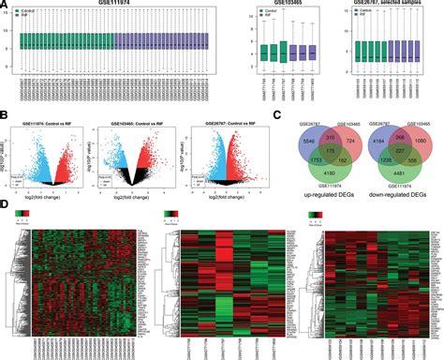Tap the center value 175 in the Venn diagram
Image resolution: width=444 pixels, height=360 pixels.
coord(317,149)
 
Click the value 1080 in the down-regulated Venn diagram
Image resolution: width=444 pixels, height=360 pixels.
coord(421,140)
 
